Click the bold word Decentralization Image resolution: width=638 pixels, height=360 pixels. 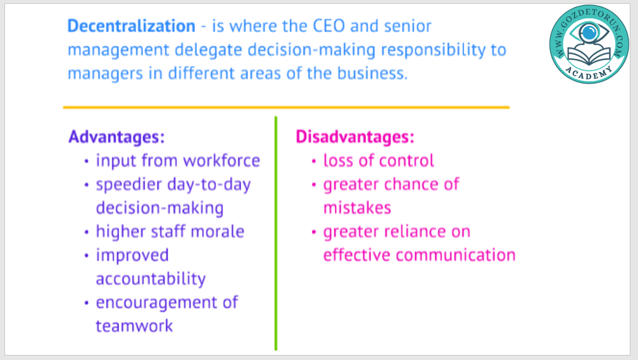point(131,26)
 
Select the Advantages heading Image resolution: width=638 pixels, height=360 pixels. point(116,137)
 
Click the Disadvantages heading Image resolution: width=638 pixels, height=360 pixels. point(355,137)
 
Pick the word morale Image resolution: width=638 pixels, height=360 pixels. point(217,232)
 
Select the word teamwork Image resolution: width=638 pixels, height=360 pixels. point(134,326)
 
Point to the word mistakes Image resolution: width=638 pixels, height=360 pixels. point(357,208)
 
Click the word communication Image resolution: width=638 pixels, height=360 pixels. point(455,255)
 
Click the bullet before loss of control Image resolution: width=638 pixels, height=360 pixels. point(314,161)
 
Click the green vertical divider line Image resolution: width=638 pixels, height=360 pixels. point(276,233)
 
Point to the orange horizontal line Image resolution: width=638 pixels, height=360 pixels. point(286,108)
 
